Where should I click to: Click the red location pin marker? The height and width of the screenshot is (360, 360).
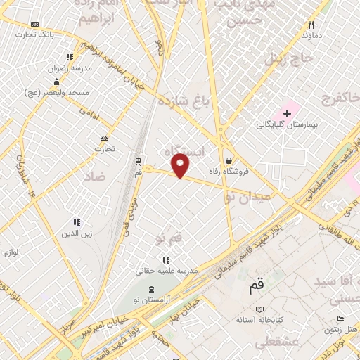(x=181, y=166)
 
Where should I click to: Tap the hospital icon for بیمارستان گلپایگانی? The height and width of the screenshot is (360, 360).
(x=288, y=113)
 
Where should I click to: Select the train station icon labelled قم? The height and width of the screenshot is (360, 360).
(x=138, y=160)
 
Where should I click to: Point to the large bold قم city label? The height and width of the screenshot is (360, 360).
(x=257, y=287)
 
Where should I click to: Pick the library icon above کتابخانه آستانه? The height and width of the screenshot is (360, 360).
(x=260, y=309)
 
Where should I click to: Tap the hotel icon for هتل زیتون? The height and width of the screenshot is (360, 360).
(x=331, y=319)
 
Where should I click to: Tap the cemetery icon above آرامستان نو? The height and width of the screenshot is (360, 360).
(x=149, y=289)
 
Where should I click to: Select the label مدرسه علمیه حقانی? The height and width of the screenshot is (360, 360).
(x=166, y=271)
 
